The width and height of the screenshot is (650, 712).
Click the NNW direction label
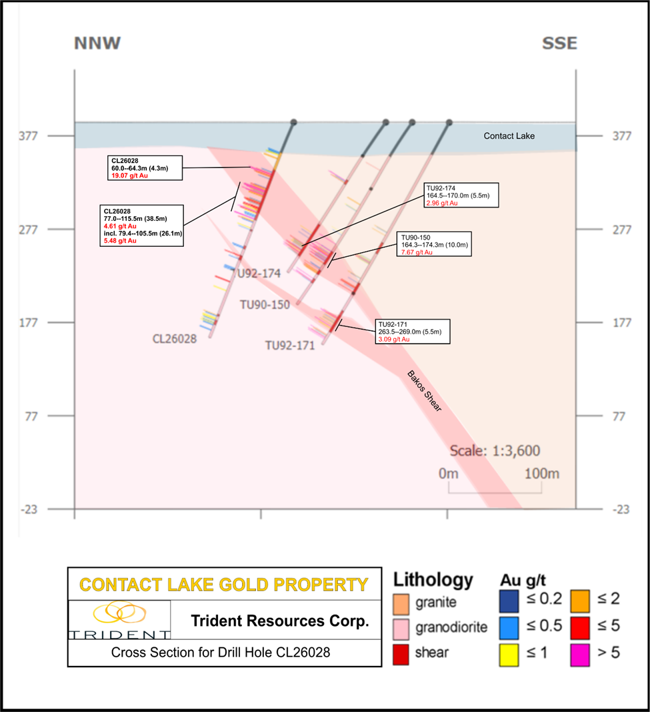(97, 44)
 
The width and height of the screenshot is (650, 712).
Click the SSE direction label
(559, 44)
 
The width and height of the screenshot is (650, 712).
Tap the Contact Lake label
(509, 136)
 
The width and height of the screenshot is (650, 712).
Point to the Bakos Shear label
(424, 390)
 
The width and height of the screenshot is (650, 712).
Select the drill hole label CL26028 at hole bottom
(175, 339)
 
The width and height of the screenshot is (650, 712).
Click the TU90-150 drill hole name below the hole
(265, 305)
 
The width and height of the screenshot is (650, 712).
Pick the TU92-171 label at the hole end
(290, 346)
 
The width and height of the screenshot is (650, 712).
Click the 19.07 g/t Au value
(131, 177)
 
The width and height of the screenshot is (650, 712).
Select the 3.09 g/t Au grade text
(394, 339)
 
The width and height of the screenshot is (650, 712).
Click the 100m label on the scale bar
(541, 474)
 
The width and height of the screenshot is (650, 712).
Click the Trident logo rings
(119, 612)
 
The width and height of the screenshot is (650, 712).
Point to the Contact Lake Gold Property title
(223, 585)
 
